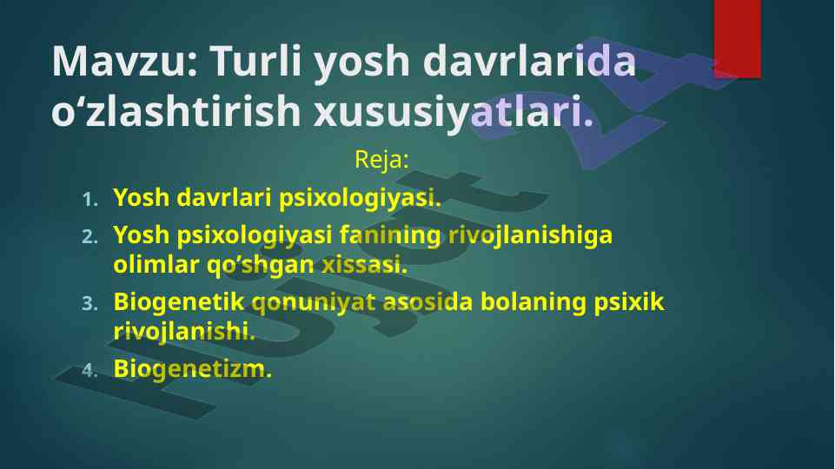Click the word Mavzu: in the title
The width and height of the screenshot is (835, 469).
(x=125, y=61)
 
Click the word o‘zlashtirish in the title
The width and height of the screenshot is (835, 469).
(x=176, y=110)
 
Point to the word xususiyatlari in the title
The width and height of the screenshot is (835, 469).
(x=454, y=110)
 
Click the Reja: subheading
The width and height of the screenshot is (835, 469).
(x=381, y=159)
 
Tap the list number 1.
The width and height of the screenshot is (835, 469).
(x=90, y=200)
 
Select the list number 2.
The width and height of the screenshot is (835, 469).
(x=90, y=236)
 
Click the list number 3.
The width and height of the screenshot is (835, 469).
(x=90, y=303)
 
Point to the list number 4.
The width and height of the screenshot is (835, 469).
(x=90, y=371)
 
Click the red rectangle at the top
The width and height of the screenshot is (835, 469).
(x=737, y=39)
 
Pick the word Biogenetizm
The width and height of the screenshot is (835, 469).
(x=192, y=369)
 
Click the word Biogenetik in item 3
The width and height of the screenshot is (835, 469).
(x=178, y=302)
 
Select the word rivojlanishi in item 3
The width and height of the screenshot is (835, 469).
(x=183, y=332)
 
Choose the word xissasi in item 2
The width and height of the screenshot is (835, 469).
(x=364, y=265)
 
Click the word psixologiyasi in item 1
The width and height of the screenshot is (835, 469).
(x=360, y=198)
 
